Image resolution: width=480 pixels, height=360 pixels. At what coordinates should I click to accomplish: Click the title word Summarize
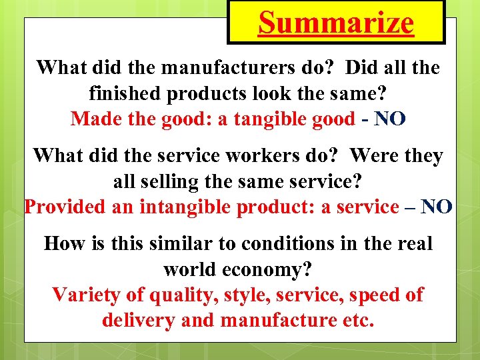(336, 23)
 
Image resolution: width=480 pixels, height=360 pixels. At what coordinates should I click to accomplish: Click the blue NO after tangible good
(391, 119)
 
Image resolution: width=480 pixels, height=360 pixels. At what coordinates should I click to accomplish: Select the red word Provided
(64, 207)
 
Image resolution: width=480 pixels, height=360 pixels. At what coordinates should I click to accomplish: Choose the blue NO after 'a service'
(437, 207)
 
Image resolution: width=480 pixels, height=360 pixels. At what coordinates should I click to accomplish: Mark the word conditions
(282, 243)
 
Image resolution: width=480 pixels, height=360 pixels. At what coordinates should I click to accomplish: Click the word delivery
(139, 321)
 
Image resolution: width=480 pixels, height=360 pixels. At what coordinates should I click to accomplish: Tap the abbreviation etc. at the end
(357, 321)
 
